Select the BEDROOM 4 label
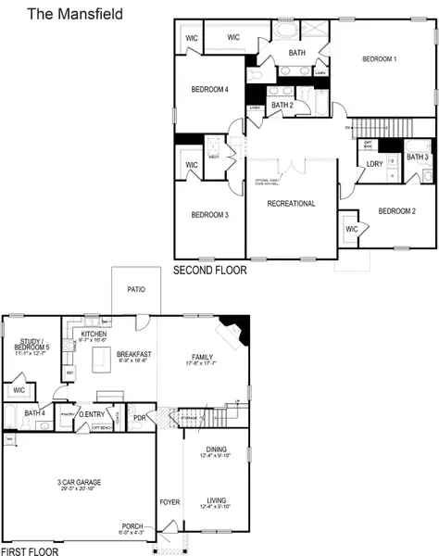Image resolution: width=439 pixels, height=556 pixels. [x=209, y=89]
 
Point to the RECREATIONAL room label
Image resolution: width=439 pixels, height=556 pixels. [x=291, y=203]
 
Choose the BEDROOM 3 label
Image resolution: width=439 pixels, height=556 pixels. [x=209, y=215]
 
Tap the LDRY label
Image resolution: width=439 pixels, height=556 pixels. [x=375, y=164]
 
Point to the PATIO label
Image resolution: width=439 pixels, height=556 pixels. [x=134, y=289]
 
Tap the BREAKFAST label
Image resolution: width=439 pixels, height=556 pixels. [x=134, y=354]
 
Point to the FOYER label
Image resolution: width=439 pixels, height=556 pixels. [x=169, y=502]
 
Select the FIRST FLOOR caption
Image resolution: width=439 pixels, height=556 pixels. [x=30, y=550]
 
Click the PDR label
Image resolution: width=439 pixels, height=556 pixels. [x=140, y=415]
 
